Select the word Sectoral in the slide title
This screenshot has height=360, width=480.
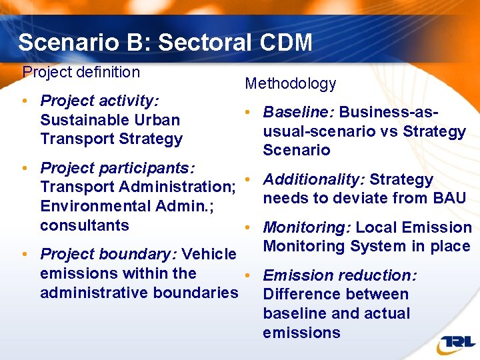[204, 43]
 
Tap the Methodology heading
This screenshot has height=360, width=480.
[291, 83]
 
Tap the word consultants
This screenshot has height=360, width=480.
[85, 225]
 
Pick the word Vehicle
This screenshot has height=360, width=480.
[209, 254]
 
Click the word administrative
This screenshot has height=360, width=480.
[94, 293]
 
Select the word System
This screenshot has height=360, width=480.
[383, 246]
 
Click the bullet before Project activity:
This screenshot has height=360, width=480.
[24, 101]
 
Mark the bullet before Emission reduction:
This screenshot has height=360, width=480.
[247, 275]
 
